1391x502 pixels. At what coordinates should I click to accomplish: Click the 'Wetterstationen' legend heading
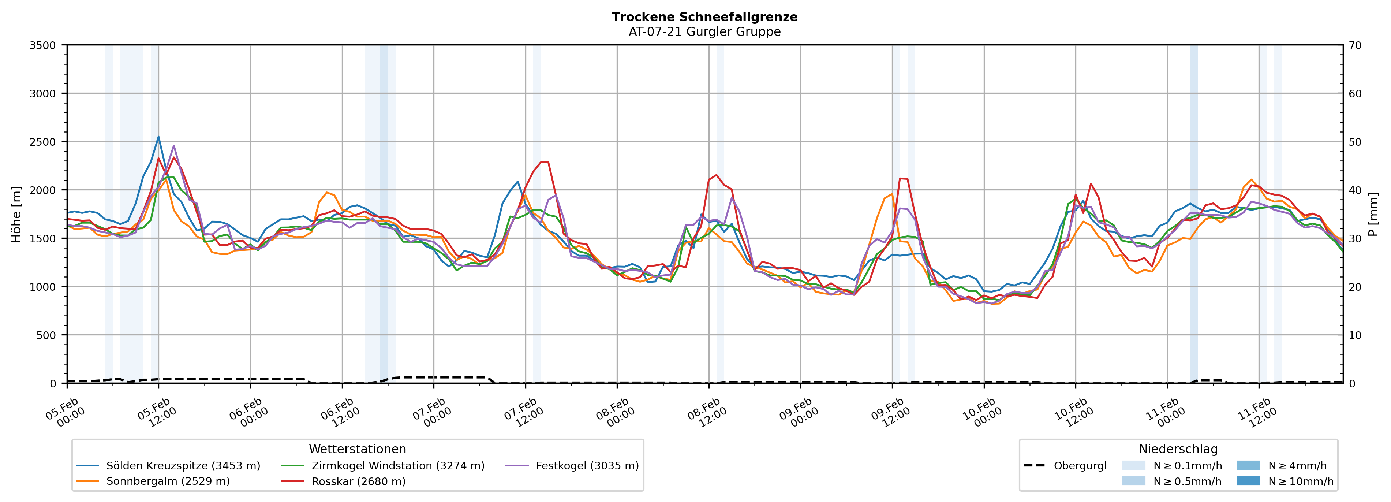(358, 449)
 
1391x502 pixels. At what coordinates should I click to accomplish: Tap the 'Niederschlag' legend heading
(1178, 449)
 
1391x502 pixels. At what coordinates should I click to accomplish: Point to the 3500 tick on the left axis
(43, 45)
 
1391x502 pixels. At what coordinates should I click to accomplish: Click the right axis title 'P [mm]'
(1373, 215)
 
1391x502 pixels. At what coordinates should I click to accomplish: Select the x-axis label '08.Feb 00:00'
(616, 413)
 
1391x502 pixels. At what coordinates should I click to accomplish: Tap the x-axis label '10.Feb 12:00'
(1074, 413)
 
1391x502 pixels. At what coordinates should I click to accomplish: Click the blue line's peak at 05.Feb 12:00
(159, 137)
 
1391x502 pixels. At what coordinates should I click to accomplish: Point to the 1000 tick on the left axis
(43, 287)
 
